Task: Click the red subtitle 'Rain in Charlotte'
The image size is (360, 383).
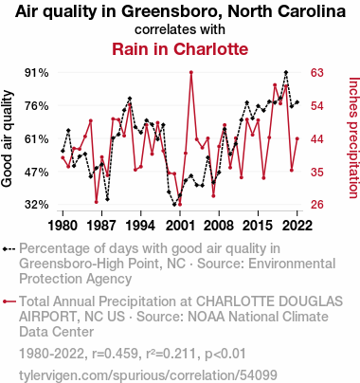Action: point(180,49)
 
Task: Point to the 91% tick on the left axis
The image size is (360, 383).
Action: point(37,73)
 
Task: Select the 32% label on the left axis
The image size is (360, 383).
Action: point(37,205)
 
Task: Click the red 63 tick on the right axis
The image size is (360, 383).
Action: point(317,73)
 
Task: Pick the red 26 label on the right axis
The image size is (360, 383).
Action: point(317,205)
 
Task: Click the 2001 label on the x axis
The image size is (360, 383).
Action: point(180,226)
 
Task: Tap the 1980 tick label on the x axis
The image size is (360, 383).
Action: point(63,226)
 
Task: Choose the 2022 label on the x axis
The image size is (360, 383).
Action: point(297,226)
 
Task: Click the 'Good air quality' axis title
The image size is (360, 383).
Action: point(7,138)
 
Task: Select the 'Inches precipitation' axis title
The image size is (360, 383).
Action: point(353,137)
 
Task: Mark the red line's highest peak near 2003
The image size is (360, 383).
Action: point(191,72)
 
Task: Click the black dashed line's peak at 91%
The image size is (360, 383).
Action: point(286,72)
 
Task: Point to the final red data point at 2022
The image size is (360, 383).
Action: point(297,138)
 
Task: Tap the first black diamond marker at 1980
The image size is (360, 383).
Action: point(63,151)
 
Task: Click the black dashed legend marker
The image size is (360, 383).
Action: point(9,248)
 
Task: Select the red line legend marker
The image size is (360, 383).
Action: point(9,301)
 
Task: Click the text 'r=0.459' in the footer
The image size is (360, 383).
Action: point(115,354)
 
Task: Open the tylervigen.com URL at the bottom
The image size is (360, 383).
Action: point(148,375)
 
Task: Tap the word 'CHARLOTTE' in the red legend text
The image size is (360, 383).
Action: point(233,301)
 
